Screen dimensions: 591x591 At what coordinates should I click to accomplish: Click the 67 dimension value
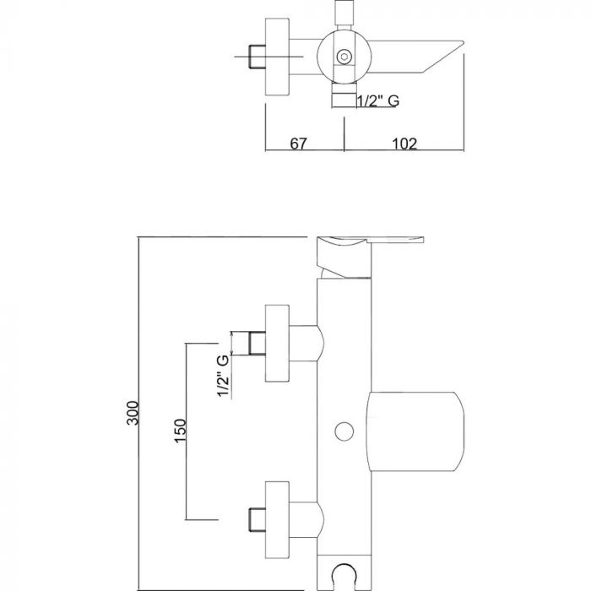[297, 144]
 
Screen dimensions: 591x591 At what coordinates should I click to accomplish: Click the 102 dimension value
[404, 144]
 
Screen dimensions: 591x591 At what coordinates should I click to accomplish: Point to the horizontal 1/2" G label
[377, 101]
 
